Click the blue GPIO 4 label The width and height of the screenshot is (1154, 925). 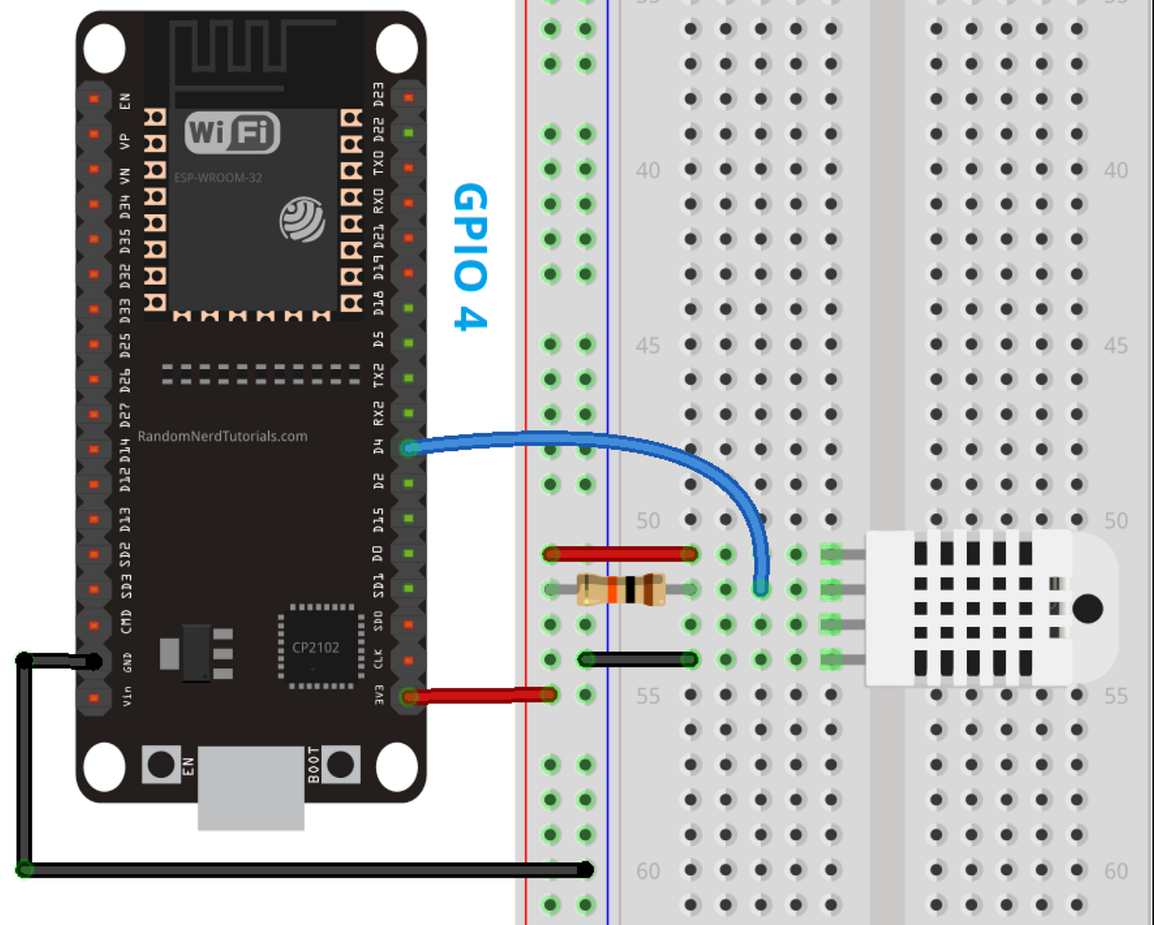(470, 257)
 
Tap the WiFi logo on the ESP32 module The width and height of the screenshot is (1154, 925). (232, 133)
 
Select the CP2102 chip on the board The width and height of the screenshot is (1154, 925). (316, 647)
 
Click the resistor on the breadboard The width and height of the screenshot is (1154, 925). (620, 589)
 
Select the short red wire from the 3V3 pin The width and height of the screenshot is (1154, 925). (480, 696)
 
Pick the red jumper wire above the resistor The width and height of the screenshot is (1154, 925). (620, 555)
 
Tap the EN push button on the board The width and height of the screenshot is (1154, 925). (161, 764)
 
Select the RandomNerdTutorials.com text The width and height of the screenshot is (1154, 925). (223, 437)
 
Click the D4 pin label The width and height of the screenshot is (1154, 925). (378, 447)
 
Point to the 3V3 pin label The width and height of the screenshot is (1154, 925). (378, 696)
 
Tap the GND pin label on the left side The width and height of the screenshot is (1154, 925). (127, 662)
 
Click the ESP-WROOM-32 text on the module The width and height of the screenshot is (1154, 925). (218, 178)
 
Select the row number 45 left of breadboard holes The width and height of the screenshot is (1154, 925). (648, 346)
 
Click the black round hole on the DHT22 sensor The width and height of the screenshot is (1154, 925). (1088, 608)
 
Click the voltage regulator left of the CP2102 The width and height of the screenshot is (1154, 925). (196, 653)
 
